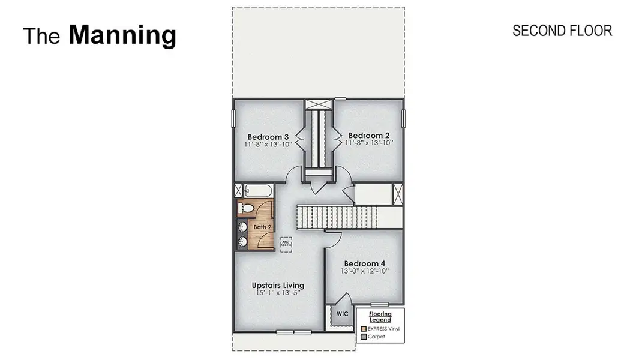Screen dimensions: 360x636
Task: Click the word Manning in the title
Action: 122,35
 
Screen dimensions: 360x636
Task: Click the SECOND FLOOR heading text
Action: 562,31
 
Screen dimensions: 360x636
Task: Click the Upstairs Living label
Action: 278,285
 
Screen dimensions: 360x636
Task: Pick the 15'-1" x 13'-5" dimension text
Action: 278,293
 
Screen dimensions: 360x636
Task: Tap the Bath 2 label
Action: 262,227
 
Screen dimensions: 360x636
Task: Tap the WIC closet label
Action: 342,314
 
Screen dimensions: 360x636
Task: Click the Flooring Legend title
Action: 380,317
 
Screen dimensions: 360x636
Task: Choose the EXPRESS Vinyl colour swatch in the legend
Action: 363,329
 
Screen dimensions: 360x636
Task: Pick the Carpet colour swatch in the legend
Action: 363,337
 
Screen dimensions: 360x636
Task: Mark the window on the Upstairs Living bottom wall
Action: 293,332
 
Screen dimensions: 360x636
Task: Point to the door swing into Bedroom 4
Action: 334,239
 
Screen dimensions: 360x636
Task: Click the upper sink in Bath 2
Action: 242,227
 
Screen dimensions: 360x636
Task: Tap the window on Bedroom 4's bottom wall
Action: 380,304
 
